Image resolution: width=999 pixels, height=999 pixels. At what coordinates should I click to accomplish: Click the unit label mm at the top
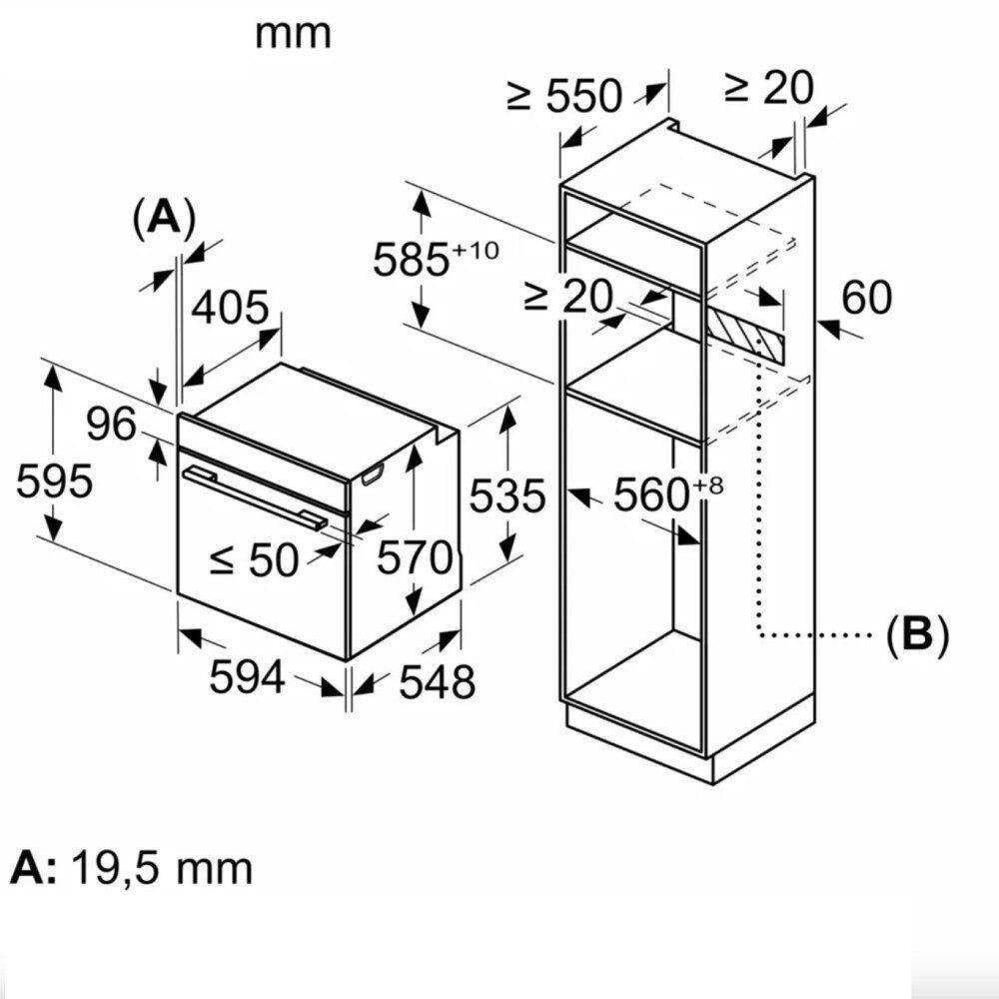293,34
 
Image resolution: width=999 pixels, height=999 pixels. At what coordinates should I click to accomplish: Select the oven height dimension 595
54,483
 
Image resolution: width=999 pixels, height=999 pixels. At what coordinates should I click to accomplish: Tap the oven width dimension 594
247,678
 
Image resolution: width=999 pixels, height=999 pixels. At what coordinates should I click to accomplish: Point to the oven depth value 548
437,682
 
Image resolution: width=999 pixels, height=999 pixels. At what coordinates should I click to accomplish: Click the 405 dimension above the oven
229,308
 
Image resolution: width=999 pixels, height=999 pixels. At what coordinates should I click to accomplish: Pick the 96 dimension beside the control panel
110,426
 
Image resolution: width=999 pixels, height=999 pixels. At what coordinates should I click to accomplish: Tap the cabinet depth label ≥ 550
564,97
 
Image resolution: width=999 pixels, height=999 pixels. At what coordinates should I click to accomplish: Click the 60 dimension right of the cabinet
866,298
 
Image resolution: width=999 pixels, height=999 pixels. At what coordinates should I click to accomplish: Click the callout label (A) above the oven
163,218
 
